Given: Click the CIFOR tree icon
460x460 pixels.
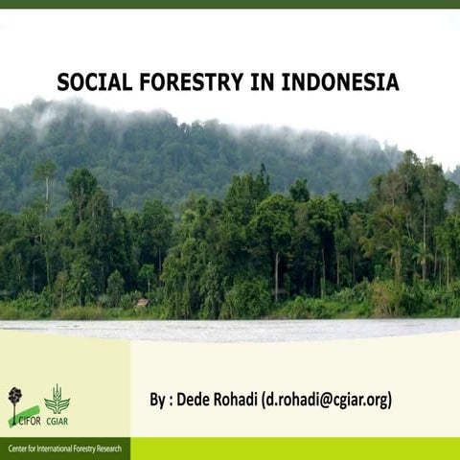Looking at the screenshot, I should point(14,397).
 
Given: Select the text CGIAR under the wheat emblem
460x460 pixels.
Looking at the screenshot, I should point(57,421).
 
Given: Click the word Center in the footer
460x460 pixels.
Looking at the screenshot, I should point(20,448).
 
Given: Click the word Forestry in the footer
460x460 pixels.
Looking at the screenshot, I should point(85,448).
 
